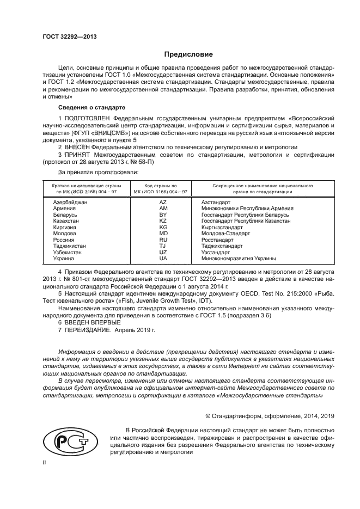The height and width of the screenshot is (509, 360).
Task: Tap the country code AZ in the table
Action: (163, 202)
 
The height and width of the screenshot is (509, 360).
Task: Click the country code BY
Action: (163, 214)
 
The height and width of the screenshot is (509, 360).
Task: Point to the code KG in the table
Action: (163, 228)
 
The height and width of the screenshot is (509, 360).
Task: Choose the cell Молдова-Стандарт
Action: (225, 234)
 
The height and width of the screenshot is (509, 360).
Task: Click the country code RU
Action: (163, 240)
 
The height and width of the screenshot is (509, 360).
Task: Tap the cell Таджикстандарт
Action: (222, 246)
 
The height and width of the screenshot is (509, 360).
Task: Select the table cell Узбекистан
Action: (67, 253)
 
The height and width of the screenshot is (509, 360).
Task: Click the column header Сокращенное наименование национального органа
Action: (254, 188)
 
